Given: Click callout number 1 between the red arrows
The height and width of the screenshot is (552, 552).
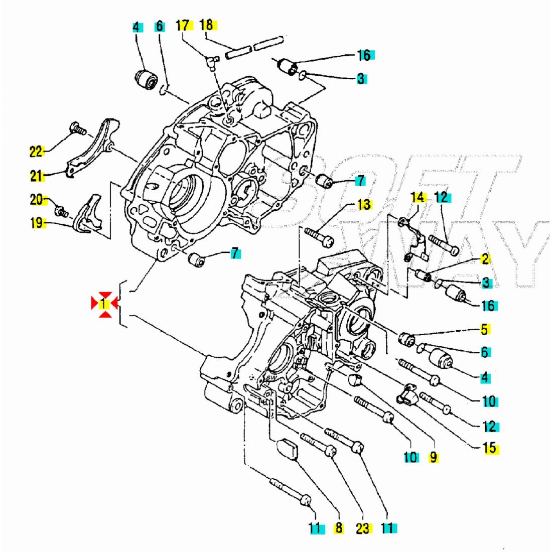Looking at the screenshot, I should click(x=103, y=304).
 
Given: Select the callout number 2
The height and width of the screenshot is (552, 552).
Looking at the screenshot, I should click(x=485, y=259).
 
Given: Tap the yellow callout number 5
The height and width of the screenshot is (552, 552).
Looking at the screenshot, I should click(x=484, y=330).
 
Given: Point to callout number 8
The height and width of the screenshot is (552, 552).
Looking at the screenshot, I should click(x=339, y=527).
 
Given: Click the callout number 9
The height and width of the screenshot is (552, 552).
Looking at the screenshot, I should click(x=434, y=457).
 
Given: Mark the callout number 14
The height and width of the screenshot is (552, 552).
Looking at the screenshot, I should click(x=418, y=198).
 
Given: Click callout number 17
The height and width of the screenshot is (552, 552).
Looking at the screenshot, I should click(x=184, y=24).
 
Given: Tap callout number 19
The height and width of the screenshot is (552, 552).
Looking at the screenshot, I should click(x=37, y=223).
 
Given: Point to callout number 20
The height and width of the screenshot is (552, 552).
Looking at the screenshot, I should click(x=37, y=200).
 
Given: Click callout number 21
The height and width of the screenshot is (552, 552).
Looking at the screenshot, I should click(x=37, y=176).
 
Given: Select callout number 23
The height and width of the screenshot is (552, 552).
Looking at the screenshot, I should click(x=362, y=528).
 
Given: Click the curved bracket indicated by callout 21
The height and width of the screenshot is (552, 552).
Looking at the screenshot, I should click(x=93, y=148).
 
